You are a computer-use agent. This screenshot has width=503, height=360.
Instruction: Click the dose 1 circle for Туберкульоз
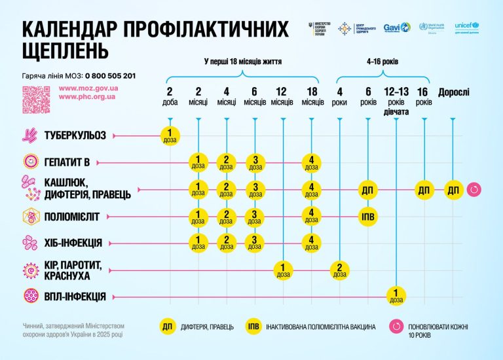170,135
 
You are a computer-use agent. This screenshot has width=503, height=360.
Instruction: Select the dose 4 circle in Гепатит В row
312,162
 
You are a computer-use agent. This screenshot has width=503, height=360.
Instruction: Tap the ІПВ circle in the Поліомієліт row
369,216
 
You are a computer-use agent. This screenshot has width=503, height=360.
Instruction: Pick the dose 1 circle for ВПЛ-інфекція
396,296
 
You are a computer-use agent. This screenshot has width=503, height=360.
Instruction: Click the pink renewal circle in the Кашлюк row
475,190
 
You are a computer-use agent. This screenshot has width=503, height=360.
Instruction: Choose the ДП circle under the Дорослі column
453,190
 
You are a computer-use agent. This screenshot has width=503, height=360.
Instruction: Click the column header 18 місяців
312,97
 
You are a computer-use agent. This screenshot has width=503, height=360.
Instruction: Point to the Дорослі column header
453,92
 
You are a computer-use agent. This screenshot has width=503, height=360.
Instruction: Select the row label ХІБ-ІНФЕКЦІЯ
73,243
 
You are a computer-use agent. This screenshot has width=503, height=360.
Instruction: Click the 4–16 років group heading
382,62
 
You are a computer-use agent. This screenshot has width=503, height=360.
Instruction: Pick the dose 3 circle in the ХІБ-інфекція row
255,242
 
